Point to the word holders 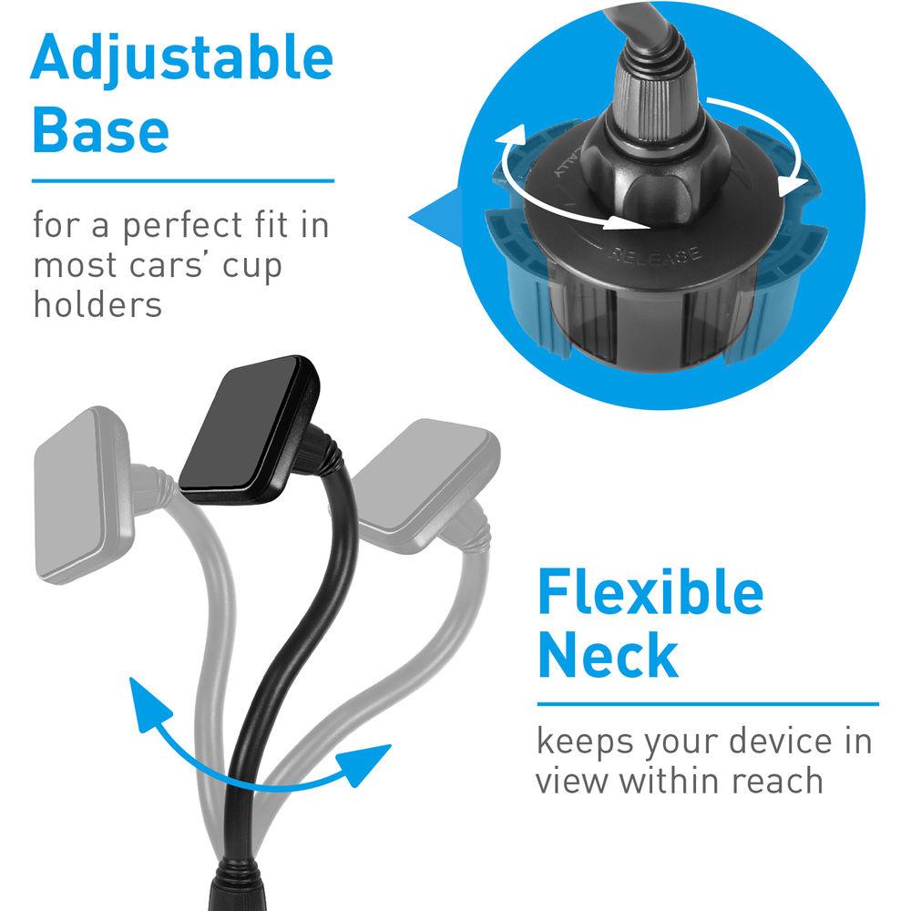[97, 304]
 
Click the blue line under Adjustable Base [183, 181]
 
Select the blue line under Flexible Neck [707, 703]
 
